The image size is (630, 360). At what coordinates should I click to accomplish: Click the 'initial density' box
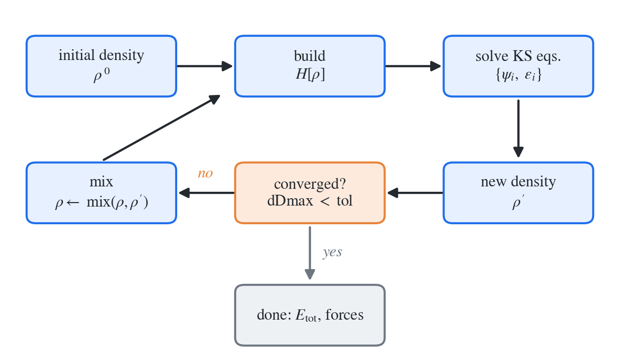101,66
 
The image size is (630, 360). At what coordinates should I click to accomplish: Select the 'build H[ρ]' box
310,66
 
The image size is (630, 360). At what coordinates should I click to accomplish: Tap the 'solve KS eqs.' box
518,66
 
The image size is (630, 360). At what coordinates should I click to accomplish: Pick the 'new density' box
518,193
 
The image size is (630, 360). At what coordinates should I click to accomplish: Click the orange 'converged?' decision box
310,193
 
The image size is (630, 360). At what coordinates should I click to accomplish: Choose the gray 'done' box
310,315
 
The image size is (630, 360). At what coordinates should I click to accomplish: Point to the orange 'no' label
205,174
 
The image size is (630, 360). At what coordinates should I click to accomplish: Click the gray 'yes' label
332,252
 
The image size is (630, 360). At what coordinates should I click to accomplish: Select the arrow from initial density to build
205,66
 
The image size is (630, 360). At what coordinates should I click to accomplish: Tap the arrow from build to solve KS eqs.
413,66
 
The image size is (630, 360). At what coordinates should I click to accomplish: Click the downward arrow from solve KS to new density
518,128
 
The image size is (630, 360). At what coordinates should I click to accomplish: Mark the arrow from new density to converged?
415,193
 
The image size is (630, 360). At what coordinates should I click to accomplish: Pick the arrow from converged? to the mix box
207,193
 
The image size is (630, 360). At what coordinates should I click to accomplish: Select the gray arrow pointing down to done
310,253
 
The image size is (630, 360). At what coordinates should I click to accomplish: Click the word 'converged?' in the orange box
310,184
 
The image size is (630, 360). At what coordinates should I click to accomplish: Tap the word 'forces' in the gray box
344,315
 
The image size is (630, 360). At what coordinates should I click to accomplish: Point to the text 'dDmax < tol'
310,201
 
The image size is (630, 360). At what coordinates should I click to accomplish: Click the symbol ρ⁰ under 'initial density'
101,75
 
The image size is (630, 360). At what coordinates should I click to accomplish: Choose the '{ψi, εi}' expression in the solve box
518,75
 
